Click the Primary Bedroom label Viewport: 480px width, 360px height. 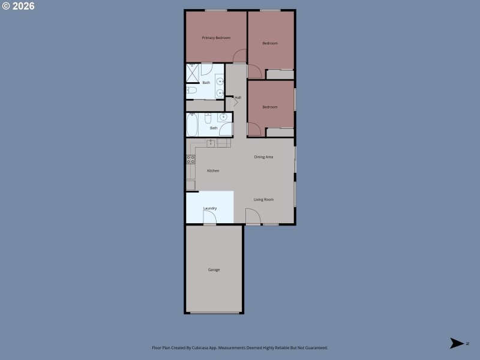(x=216, y=38)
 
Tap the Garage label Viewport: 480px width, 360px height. (x=214, y=270)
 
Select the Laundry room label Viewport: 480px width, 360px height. (x=210, y=208)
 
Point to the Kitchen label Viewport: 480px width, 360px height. (x=213, y=171)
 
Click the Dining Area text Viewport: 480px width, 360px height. (x=263, y=157)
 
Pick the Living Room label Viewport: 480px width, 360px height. (x=263, y=199)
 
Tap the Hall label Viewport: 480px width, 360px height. (x=238, y=97)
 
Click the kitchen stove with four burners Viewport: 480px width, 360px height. (x=191, y=160)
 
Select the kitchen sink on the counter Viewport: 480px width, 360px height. (x=211, y=143)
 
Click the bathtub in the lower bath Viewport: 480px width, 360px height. (x=192, y=125)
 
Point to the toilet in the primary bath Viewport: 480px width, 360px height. (x=191, y=91)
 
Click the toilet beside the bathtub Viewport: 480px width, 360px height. (x=208, y=118)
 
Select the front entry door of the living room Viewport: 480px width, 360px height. (x=252, y=217)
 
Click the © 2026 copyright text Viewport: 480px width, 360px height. (x=18, y=6)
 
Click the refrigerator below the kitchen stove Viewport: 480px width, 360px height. (x=190, y=185)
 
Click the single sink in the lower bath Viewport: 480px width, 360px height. (x=224, y=118)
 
